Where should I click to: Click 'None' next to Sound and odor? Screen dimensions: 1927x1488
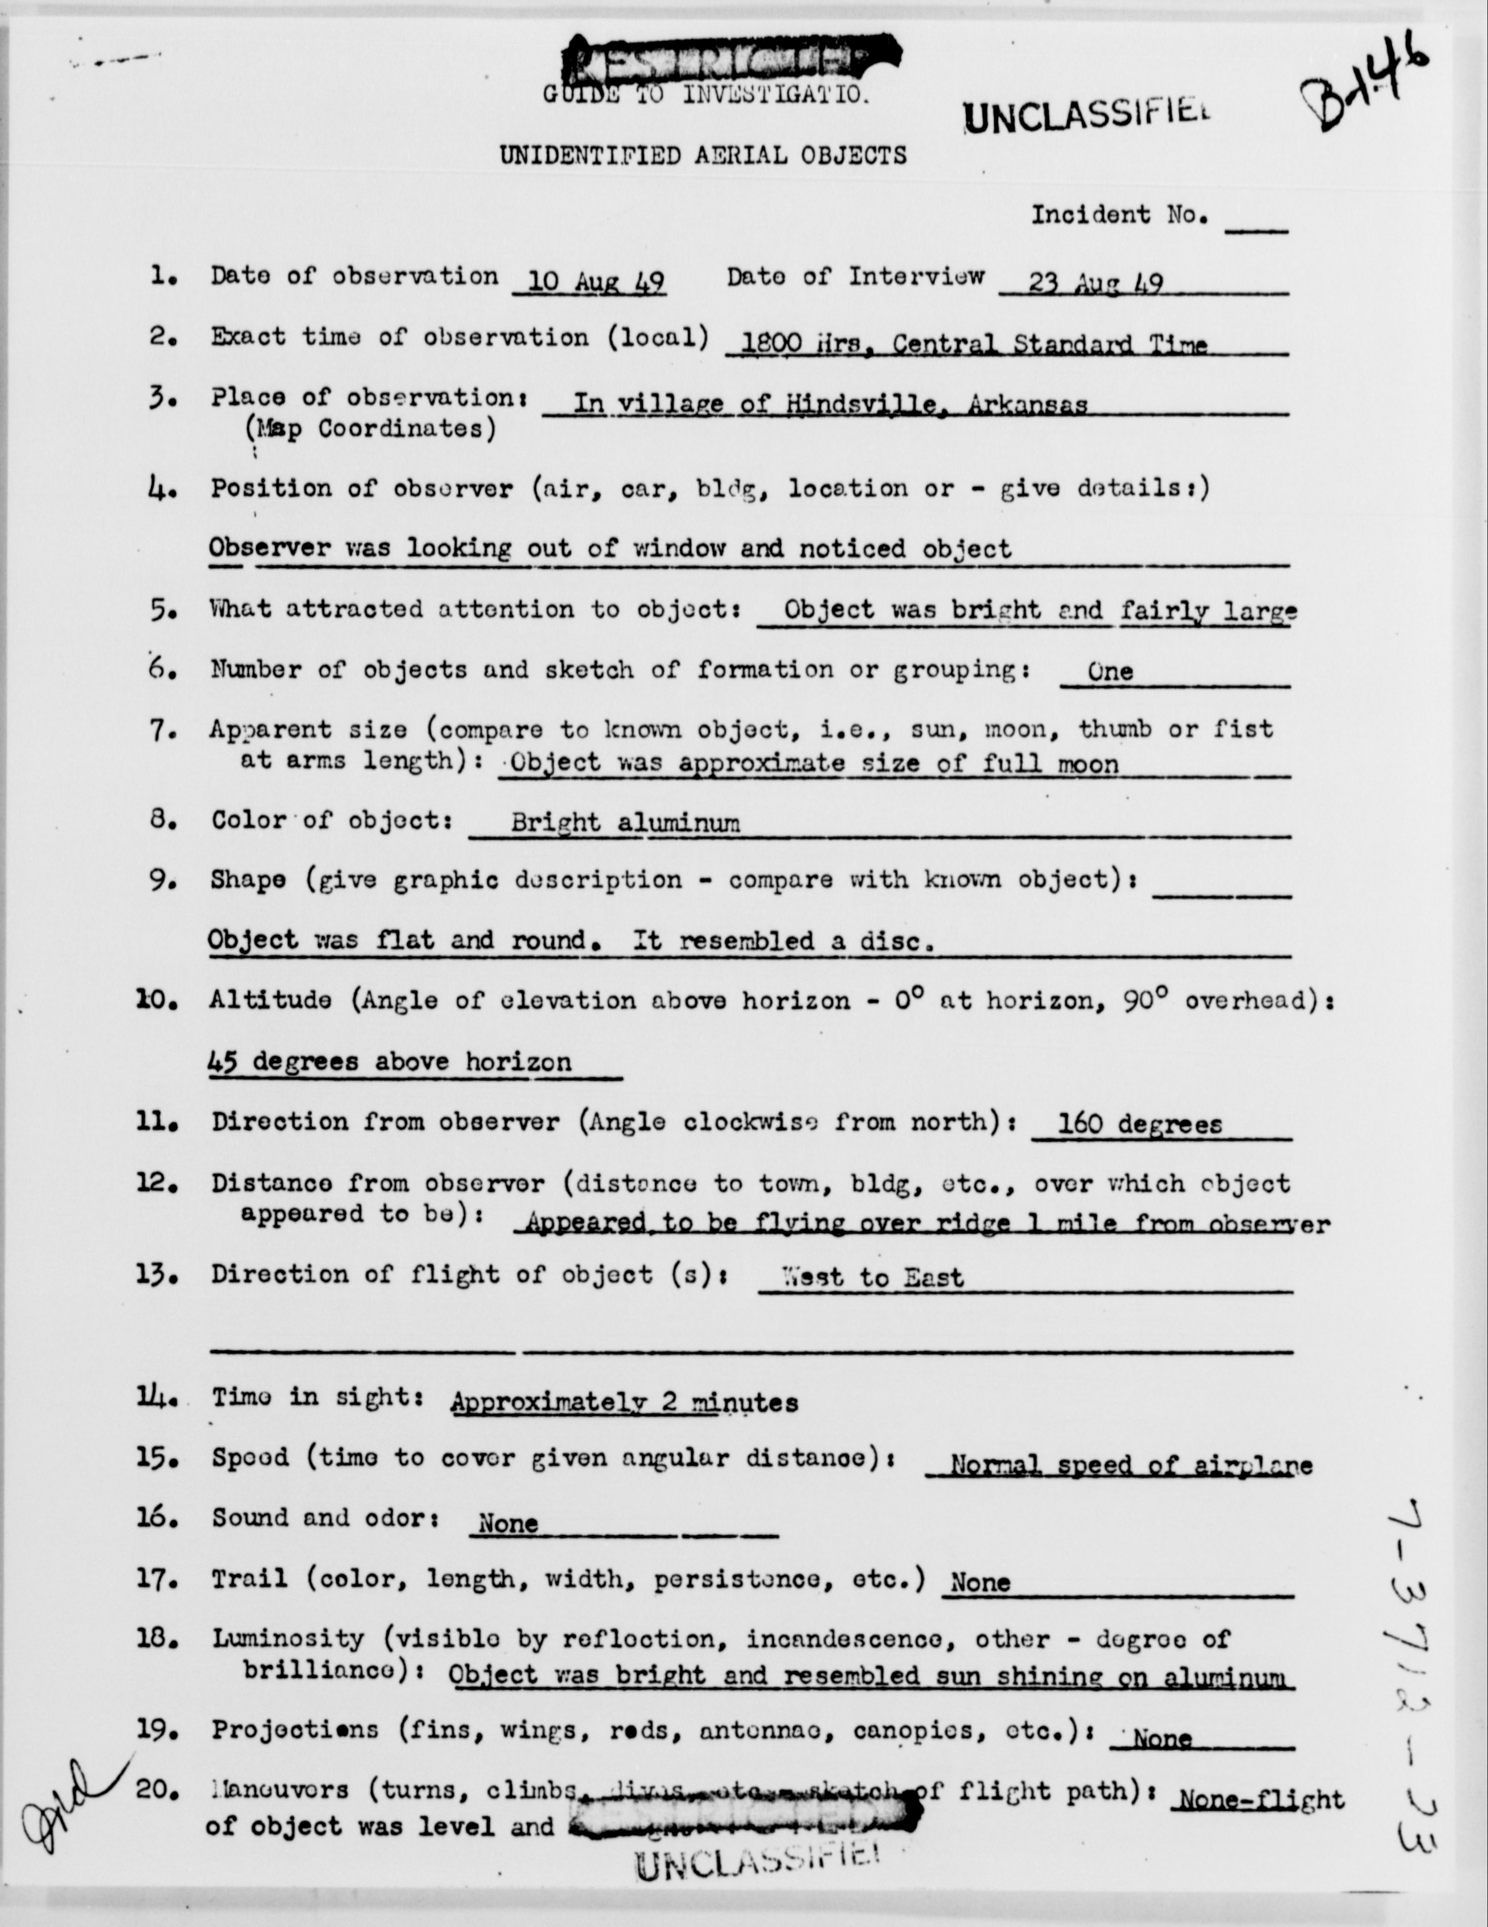[x=507, y=1523]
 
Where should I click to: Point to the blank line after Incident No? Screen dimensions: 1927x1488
[x=1256, y=226]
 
